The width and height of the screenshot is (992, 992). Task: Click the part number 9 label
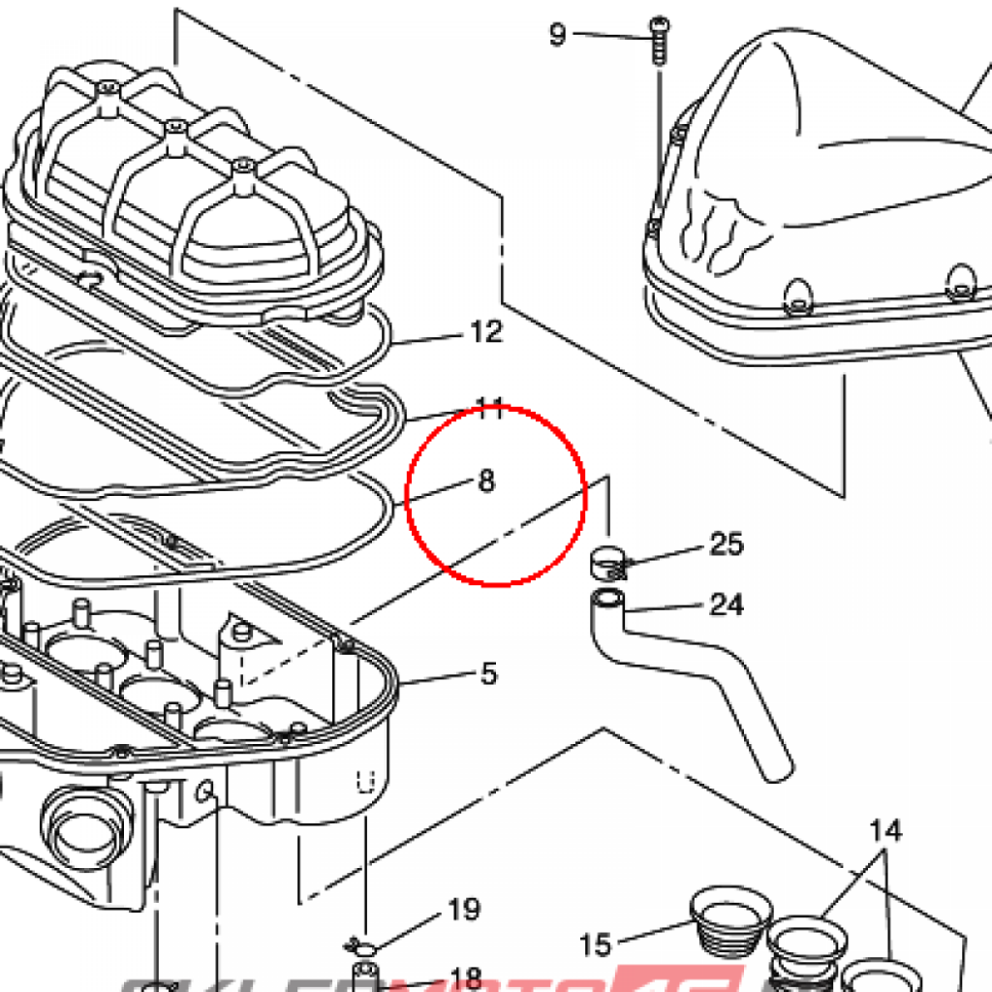tap(557, 35)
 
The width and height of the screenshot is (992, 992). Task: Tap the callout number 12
tap(486, 333)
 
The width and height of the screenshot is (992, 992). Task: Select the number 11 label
tap(490, 408)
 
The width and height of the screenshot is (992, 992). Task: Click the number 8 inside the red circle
tap(486, 480)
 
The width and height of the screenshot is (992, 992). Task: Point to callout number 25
tap(726, 544)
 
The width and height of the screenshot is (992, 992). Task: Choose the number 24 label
tap(726, 605)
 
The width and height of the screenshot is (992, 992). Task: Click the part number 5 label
tap(488, 673)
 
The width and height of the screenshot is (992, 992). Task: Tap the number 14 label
tap(884, 830)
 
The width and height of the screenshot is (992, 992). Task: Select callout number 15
tap(597, 944)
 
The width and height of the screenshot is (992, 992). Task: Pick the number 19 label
tap(464, 910)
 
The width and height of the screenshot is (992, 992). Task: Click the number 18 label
tap(466, 976)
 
